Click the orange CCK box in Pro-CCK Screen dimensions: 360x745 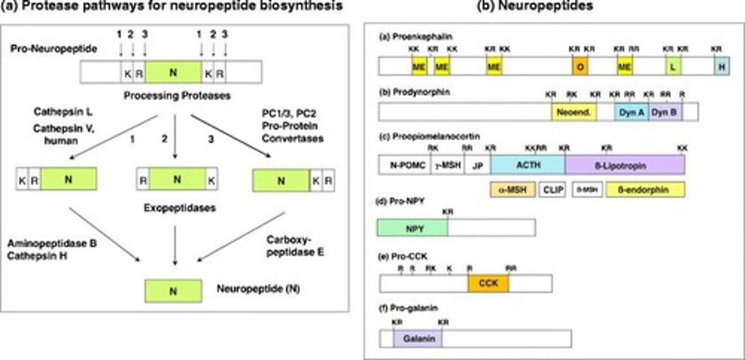(x=488, y=283)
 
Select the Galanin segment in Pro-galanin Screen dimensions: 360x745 (x=417, y=338)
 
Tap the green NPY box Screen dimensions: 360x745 (x=412, y=228)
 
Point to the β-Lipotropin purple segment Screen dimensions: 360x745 (x=624, y=165)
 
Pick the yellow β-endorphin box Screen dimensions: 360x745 (x=645, y=190)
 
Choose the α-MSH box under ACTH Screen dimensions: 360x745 (x=512, y=190)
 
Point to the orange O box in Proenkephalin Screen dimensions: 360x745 (x=579, y=67)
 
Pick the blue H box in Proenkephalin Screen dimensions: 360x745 (x=722, y=67)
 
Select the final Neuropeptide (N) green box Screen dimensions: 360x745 (x=173, y=291)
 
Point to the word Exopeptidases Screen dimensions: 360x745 (x=172, y=208)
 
